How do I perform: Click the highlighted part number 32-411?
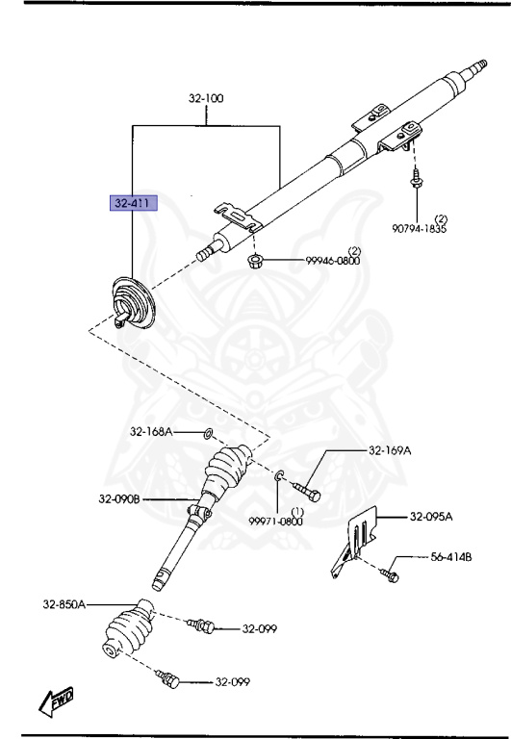pyautogui.click(x=133, y=204)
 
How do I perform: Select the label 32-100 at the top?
pyautogui.click(x=207, y=98)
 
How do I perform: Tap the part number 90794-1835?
pyautogui.click(x=419, y=229)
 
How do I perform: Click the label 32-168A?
pyautogui.click(x=152, y=432)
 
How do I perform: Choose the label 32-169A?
pyautogui.click(x=390, y=450)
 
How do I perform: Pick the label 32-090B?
pyautogui.click(x=119, y=498)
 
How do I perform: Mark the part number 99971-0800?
pyautogui.click(x=277, y=521)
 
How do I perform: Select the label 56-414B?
pyautogui.click(x=450, y=557)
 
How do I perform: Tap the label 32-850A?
pyautogui.click(x=64, y=604)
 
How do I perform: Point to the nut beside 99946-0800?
pyautogui.click(x=256, y=260)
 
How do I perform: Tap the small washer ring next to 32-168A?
pyautogui.click(x=208, y=432)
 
